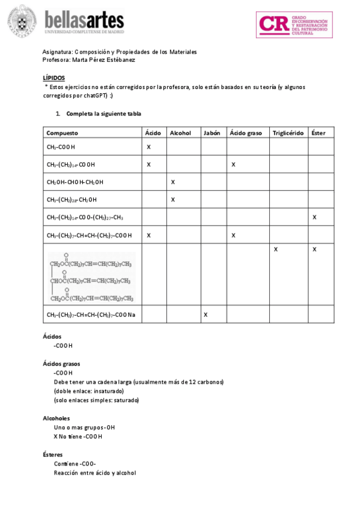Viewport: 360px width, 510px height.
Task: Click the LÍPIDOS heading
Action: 54,78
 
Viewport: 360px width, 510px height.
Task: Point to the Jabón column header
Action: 213,133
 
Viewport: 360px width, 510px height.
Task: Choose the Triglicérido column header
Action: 288,133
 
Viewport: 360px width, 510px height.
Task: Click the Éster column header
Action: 319,133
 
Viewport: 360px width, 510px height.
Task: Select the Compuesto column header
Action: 62,133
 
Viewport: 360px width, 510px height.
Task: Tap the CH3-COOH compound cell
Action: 61,147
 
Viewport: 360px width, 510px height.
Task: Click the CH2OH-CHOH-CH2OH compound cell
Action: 75,182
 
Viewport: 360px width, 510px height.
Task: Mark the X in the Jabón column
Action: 206,315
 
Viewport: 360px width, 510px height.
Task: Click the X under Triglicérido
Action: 275,249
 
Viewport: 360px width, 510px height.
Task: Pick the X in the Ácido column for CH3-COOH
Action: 148,147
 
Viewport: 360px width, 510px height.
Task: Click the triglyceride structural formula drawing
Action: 91,277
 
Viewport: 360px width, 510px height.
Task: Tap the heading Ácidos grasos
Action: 61,364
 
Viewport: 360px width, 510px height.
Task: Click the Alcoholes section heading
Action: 56,418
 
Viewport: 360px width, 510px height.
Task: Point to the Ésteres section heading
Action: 53,455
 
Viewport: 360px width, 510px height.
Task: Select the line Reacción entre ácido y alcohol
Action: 94,473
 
